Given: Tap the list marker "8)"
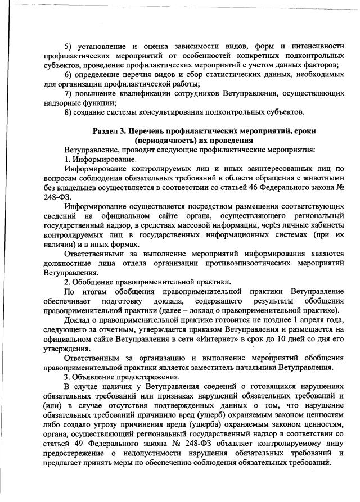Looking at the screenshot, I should pyautogui.click(x=69, y=112).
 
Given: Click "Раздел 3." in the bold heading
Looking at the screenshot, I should pyautogui.click(x=110, y=130).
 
